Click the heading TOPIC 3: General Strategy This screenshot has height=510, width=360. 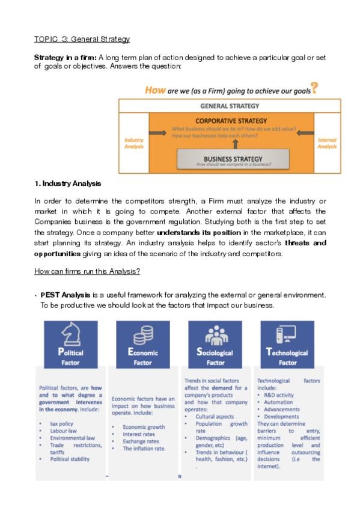[82, 40]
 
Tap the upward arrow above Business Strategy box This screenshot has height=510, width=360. [235, 144]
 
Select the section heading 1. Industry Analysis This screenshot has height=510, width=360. [67, 183]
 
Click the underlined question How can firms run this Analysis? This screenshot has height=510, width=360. [87, 272]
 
